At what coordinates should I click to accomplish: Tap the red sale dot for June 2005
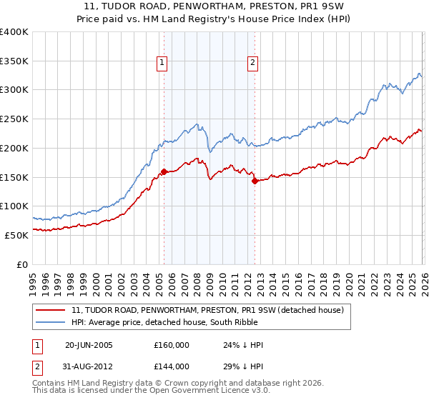[x=164, y=171]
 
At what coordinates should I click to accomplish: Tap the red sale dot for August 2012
[x=255, y=181]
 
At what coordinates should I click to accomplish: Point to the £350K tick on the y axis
[x=14, y=61]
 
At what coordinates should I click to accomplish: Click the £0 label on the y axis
[x=23, y=264]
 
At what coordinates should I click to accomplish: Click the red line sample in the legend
[x=51, y=310]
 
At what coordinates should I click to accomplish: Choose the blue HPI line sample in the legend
[x=51, y=322]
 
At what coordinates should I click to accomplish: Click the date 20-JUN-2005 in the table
[x=89, y=345]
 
